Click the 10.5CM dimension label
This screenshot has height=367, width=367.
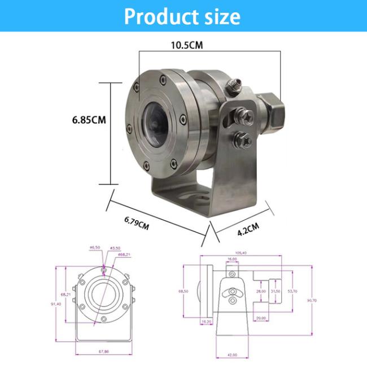pyautogui.click(x=186, y=46)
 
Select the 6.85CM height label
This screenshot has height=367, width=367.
pyautogui.click(x=89, y=120)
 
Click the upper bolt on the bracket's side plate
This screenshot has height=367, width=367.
pyautogui.click(x=246, y=117)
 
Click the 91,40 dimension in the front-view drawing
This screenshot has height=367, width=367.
pyautogui.click(x=56, y=304)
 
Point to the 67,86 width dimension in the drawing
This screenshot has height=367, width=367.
pyautogui.click(x=103, y=351)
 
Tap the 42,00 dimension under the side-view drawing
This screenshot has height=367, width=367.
pyautogui.click(x=231, y=355)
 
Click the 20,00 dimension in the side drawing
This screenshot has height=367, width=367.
pyautogui.click(x=260, y=318)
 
